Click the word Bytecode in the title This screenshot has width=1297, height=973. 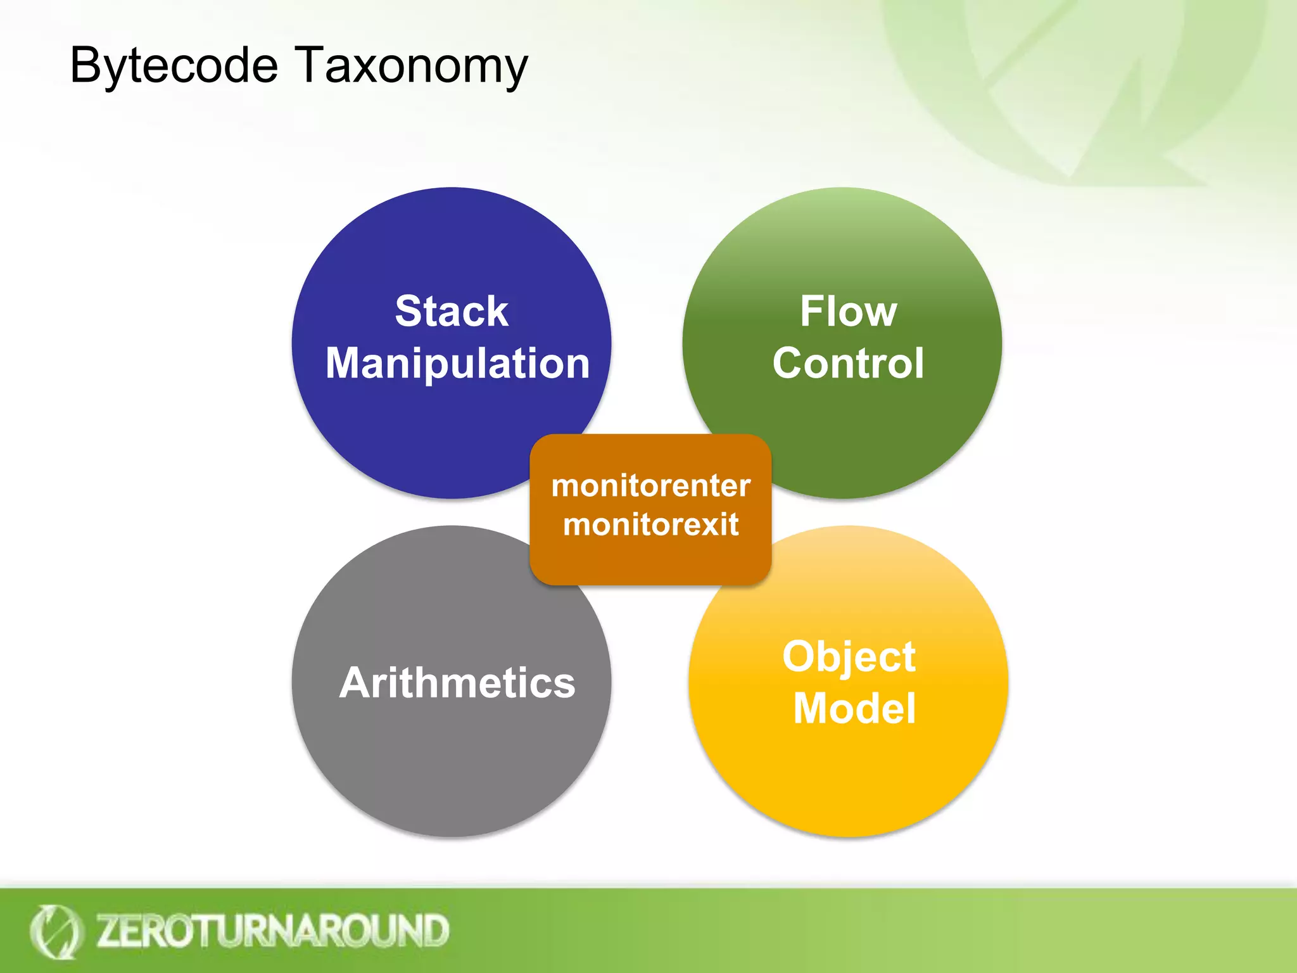[174, 66]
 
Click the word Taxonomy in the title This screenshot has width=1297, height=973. [412, 66]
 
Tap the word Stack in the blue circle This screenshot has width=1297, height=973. [452, 311]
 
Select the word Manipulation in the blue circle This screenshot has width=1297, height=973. [457, 364]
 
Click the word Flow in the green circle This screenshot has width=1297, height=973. [848, 311]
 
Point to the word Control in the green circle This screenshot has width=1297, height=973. [848, 364]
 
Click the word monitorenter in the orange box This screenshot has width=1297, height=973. [650, 486]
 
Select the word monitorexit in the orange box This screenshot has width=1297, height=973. [650, 525]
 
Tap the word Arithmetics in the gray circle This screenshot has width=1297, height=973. [457, 683]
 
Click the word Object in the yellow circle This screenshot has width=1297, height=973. [849, 656]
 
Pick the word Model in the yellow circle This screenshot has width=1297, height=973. [854, 708]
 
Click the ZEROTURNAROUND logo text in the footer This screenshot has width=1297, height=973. [272, 931]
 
